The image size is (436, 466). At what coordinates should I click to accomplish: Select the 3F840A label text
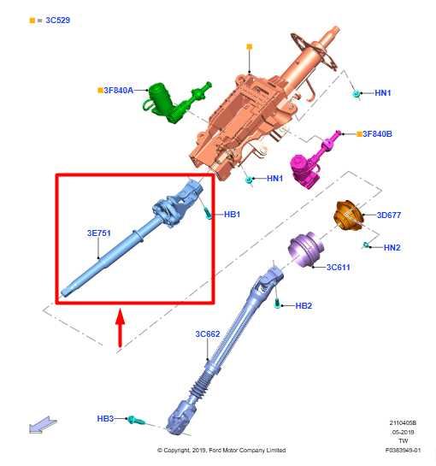pos(119,89)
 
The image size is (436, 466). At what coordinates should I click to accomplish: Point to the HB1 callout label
pos(232,214)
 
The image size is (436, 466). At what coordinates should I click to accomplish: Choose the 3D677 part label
pos(390,215)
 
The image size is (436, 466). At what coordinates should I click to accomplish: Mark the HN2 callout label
pos(392,248)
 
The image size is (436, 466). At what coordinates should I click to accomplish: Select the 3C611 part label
pos(339,267)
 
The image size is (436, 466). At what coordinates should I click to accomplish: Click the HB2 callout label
pos(303,305)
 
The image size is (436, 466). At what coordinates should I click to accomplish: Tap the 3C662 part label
pos(208,333)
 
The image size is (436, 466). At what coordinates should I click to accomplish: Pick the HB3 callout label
pos(105,418)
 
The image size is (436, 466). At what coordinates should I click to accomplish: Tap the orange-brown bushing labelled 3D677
pos(347,215)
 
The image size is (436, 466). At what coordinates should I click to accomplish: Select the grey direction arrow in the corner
pos(39,424)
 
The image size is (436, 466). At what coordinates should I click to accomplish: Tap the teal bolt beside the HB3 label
pos(136,420)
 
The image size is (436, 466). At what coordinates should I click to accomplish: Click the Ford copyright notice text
pos(221,451)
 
